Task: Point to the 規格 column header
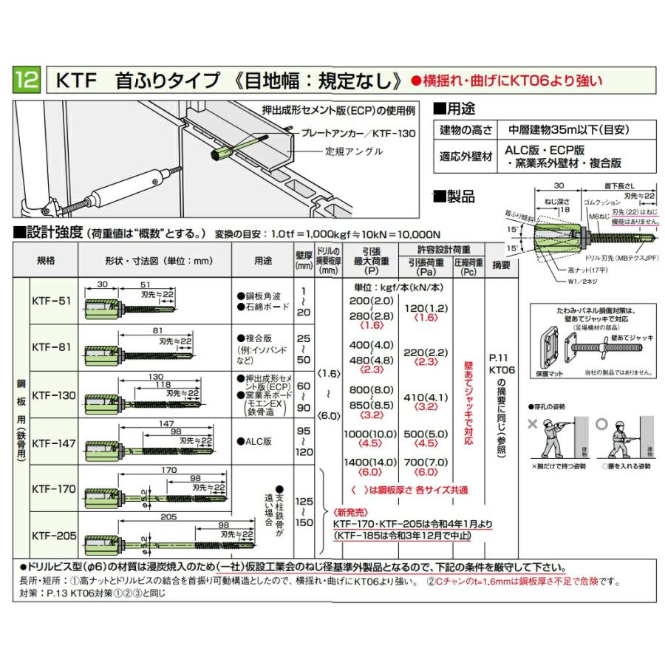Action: click(45, 261)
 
